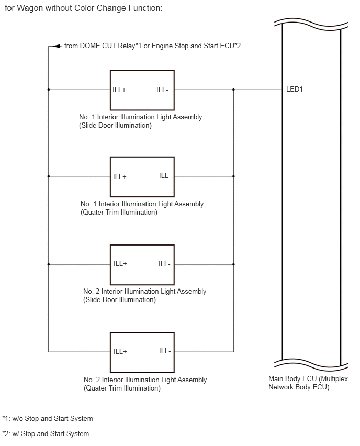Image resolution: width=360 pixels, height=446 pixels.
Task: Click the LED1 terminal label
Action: pos(294,90)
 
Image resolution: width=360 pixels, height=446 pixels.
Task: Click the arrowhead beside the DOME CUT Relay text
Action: pos(58,46)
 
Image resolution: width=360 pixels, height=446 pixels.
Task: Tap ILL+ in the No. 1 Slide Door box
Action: pos(119,90)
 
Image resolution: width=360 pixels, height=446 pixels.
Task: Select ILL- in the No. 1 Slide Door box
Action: pos(162,90)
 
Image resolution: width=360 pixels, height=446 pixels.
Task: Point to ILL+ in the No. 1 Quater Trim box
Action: pos(120,176)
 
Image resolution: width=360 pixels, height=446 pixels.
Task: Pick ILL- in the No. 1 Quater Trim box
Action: pos(165,176)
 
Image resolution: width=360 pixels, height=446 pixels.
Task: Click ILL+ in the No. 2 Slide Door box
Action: pos(120,264)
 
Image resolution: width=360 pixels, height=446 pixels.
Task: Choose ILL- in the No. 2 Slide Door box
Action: pos(165,264)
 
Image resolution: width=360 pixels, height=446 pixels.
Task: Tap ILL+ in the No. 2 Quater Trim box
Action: pos(120,352)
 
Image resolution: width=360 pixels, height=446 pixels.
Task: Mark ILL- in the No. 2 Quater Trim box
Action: pos(165,351)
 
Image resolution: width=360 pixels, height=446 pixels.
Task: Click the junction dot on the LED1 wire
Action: pos(233,90)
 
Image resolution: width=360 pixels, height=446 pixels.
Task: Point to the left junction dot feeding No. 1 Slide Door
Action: pos(48,90)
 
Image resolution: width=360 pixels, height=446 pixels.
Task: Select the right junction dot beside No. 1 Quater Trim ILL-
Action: pos(233,176)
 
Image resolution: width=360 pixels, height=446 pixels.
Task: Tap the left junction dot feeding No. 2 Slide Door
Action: pos(48,264)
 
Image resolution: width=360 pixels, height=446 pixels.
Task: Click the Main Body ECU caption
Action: pos(308,383)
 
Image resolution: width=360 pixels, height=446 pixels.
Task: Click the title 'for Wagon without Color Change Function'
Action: pos(84,8)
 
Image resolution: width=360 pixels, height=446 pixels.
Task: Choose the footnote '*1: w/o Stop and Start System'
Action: pos(48,419)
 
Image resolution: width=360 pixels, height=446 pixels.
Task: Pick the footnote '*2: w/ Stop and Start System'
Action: pos(46,434)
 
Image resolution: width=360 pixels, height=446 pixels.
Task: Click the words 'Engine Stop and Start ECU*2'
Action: pos(196,46)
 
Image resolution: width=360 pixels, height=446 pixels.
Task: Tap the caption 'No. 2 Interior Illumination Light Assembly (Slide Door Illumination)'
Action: pos(145,296)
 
